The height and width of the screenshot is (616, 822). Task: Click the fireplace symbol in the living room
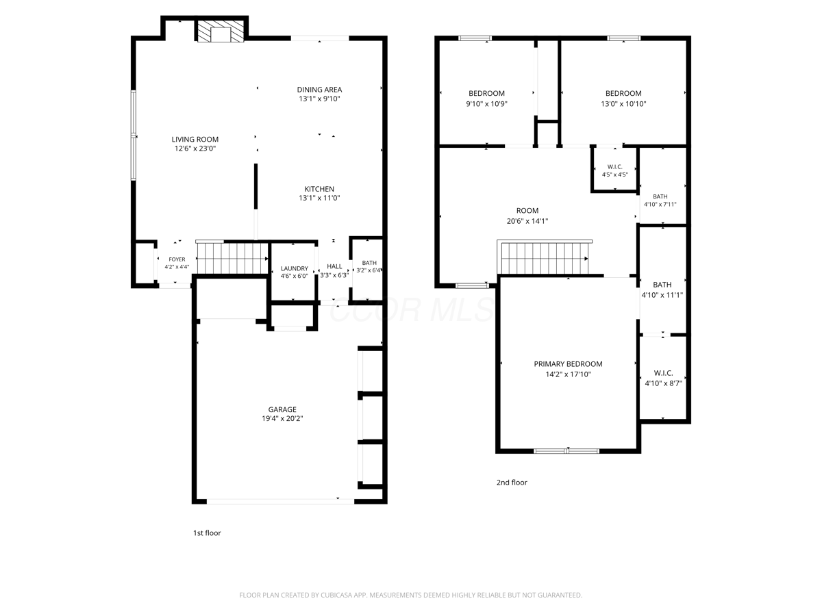pyautogui.click(x=221, y=31)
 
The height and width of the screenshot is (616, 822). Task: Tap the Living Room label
pyautogui.click(x=195, y=139)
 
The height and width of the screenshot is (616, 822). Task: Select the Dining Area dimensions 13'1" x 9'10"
pyautogui.click(x=319, y=99)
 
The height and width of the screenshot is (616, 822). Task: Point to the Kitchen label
pyautogui.click(x=319, y=189)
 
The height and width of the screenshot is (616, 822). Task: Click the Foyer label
pyautogui.click(x=177, y=259)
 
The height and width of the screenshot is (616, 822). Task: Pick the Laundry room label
pyautogui.click(x=295, y=268)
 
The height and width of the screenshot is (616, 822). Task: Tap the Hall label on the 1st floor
pyautogui.click(x=334, y=266)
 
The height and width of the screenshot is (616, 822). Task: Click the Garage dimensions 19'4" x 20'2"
pyautogui.click(x=282, y=418)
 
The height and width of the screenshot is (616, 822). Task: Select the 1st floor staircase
pyautogui.click(x=232, y=258)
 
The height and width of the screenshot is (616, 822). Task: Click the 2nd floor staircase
pyautogui.click(x=544, y=258)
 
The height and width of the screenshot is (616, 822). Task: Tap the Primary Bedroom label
pyautogui.click(x=568, y=364)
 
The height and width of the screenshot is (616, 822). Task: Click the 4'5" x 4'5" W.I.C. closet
pyautogui.click(x=615, y=170)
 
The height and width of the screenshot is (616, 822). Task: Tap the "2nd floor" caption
pyautogui.click(x=512, y=483)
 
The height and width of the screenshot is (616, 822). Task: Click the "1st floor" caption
pyautogui.click(x=207, y=533)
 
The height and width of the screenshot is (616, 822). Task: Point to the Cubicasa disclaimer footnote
pyautogui.click(x=411, y=595)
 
